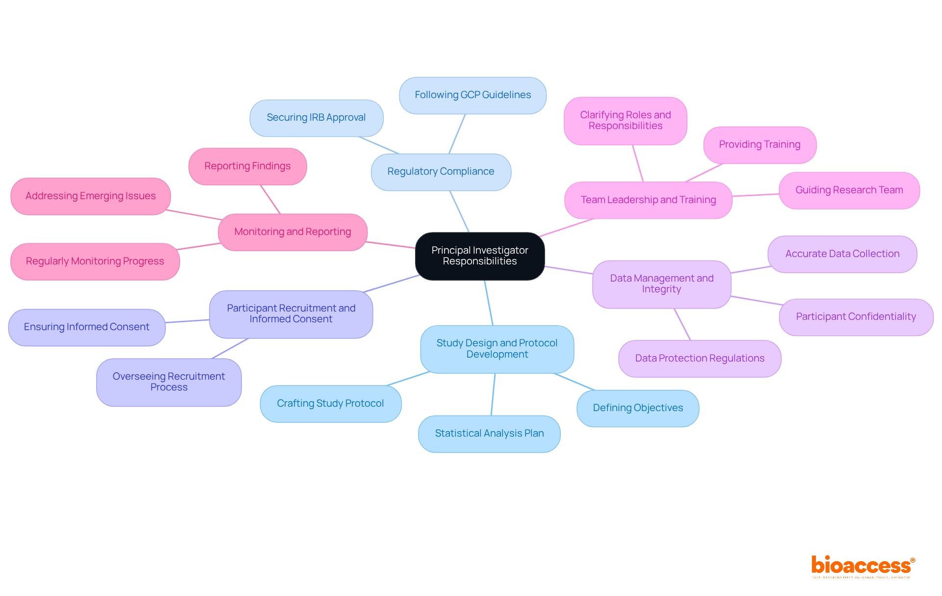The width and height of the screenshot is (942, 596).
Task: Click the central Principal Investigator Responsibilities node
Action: point(480,256)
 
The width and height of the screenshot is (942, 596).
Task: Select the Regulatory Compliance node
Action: point(441,172)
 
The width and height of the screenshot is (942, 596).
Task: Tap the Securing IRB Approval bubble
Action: point(316,118)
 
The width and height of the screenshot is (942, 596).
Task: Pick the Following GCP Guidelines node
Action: point(472,95)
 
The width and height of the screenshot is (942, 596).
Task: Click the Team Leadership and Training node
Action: point(648,200)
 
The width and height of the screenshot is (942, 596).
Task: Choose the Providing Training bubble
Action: point(759,145)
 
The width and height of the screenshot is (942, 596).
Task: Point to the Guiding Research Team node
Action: point(849,190)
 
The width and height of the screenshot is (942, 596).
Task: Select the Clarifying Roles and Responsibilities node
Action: point(625,121)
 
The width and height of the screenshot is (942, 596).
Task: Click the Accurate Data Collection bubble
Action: point(842,254)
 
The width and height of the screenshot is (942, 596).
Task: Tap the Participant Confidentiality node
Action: point(856,317)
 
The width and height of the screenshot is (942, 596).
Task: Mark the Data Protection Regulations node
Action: point(700,359)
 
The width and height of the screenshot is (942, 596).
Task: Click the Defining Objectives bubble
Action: point(638,408)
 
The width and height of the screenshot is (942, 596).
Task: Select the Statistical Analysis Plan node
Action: point(489,434)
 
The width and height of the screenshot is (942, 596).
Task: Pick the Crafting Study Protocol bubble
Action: point(330,404)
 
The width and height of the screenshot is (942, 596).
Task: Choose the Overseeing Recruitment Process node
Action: point(169,382)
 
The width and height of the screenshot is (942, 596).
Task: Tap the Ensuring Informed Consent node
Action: point(86,327)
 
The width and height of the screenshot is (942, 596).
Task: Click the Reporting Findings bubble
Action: point(247,166)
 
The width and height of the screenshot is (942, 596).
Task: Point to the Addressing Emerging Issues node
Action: point(90,196)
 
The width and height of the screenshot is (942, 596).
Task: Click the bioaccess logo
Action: point(863,566)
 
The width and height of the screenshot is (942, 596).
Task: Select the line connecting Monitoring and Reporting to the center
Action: point(391,245)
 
